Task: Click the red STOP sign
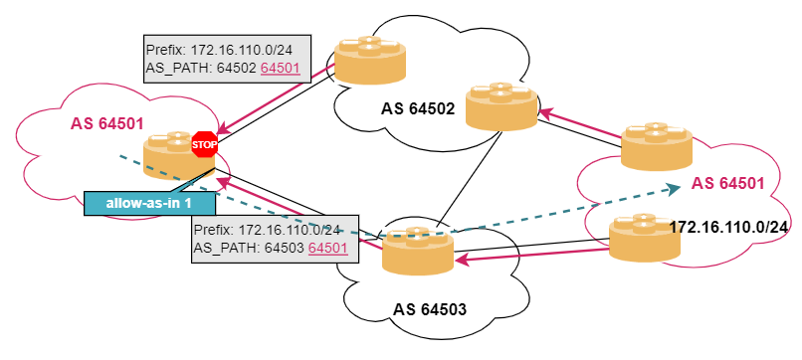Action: click(x=205, y=144)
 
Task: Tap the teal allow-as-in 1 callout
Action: click(x=149, y=203)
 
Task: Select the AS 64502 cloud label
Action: click(x=418, y=109)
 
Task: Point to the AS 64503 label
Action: click(x=430, y=310)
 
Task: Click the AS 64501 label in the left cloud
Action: click(x=106, y=123)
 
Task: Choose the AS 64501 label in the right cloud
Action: click(x=727, y=184)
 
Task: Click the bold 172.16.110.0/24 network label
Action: click(x=728, y=227)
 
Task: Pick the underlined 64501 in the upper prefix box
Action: click(x=280, y=68)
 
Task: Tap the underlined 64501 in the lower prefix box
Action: click(x=328, y=248)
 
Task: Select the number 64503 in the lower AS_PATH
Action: click(x=285, y=248)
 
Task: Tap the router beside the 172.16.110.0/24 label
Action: click(x=645, y=238)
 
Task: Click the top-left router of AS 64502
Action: click(x=370, y=60)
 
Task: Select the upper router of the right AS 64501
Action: click(x=657, y=146)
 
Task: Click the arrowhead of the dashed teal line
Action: click(x=677, y=188)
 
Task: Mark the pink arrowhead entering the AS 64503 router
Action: click(x=462, y=260)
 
